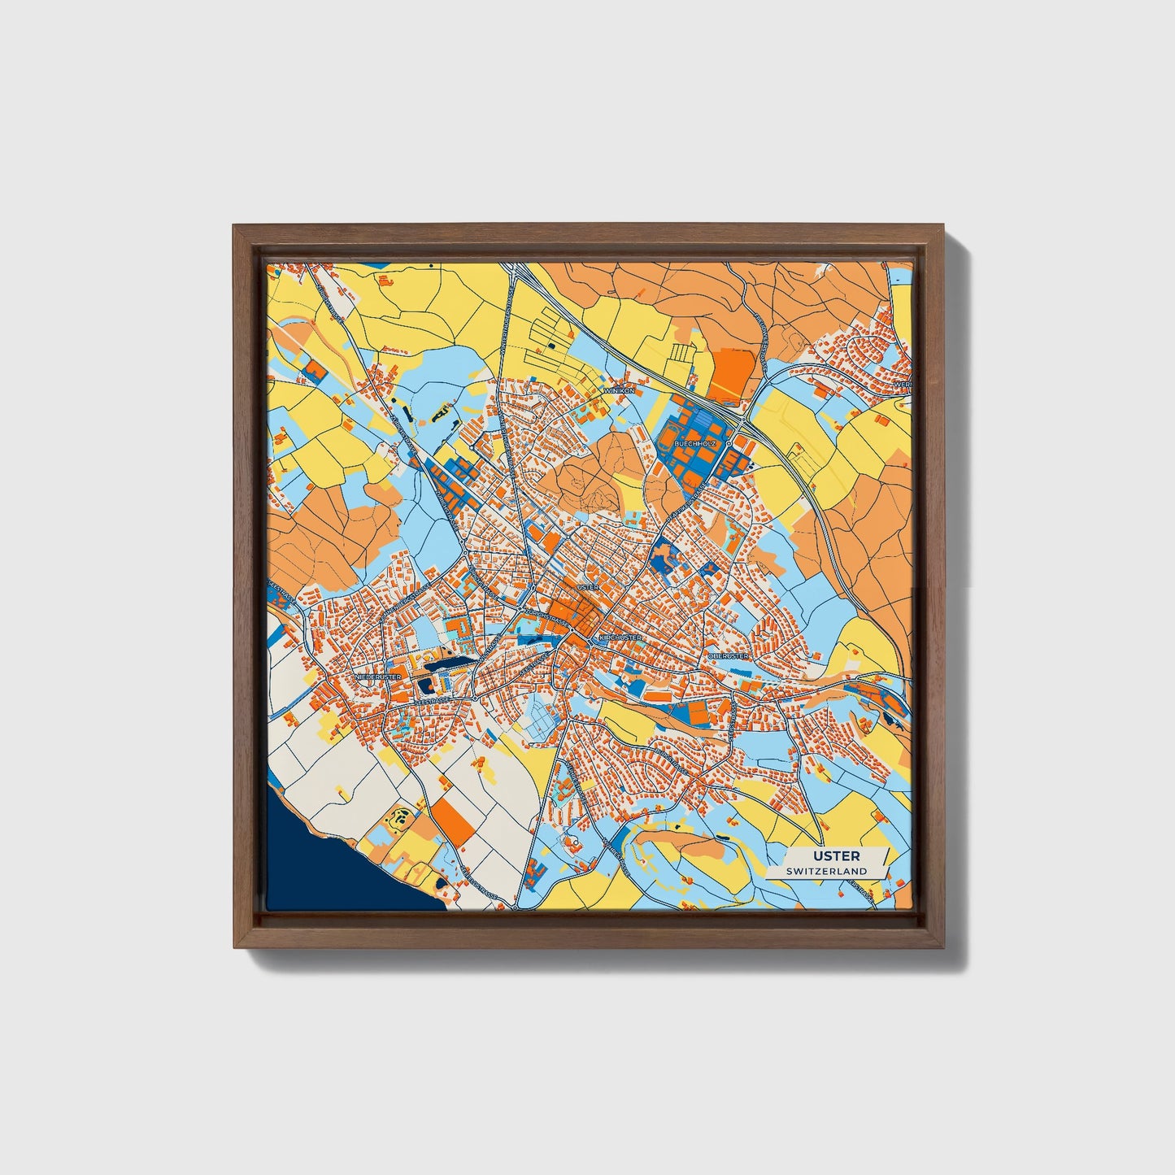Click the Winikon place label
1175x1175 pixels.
click(x=619, y=390)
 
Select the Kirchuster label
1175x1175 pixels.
click(x=620, y=638)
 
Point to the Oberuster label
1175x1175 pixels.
click(x=727, y=655)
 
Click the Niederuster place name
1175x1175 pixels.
click(x=378, y=676)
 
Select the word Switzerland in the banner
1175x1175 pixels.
click(x=826, y=871)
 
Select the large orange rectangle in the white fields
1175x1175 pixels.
click(x=452, y=819)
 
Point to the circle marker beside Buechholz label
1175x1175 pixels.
click(x=729, y=444)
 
